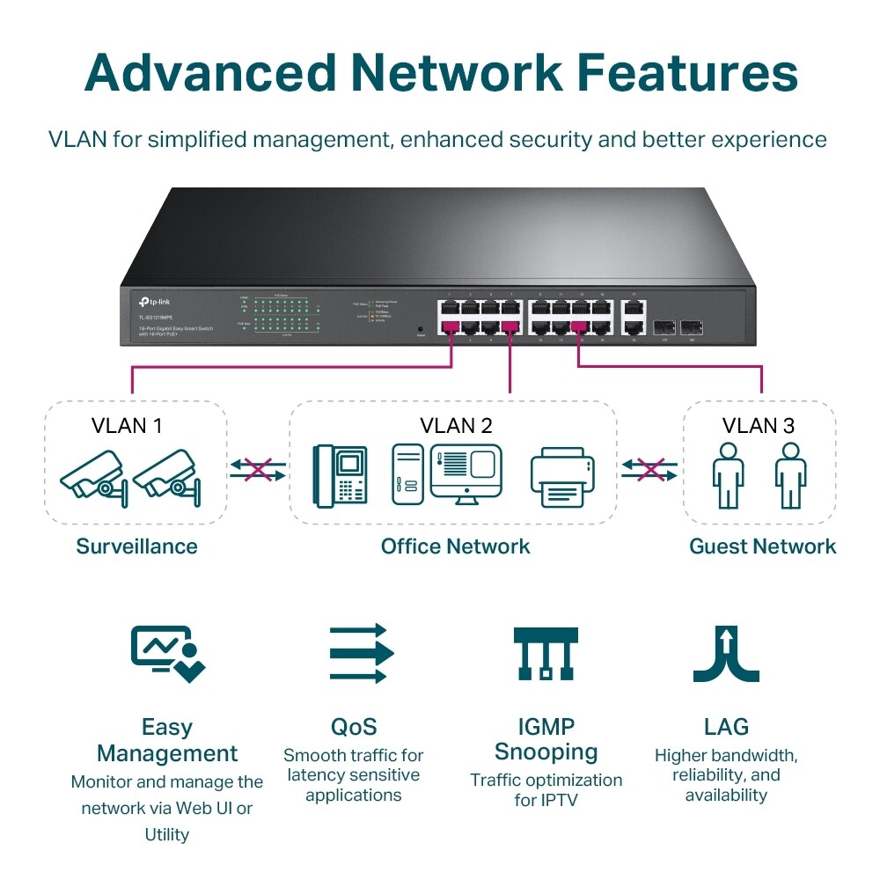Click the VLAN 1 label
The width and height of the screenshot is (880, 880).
coord(127,426)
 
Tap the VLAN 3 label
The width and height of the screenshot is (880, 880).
coord(758,426)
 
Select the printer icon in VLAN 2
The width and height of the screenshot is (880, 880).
coord(563,479)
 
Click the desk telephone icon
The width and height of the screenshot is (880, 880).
coord(341,475)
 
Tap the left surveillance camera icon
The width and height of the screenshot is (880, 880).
coord(92,476)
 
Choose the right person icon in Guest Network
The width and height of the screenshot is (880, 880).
coord(790,475)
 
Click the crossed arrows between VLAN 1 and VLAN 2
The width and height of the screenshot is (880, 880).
coord(258,469)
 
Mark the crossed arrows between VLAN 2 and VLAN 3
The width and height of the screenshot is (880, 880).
coord(650,469)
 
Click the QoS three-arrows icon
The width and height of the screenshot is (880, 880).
coord(361,654)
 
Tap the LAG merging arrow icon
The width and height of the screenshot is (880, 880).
coord(726,654)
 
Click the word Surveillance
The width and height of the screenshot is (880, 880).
coord(136,546)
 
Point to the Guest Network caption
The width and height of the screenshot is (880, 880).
coord(762,546)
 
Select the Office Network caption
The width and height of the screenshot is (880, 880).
coord(455,546)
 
